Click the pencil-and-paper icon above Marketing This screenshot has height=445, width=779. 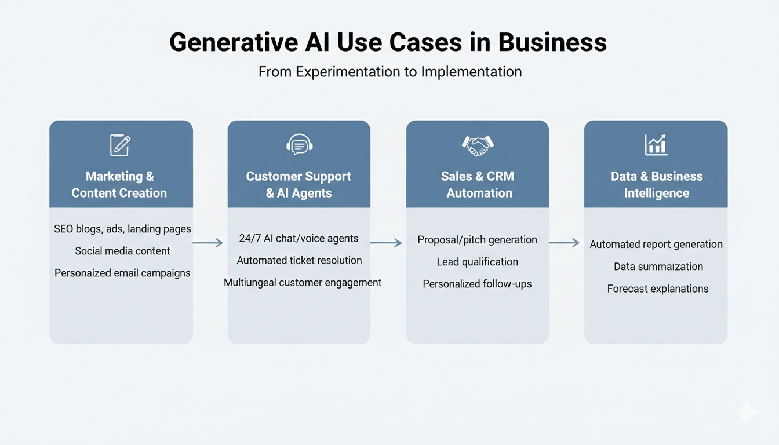(x=121, y=145)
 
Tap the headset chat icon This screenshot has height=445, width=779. (x=299, y=145)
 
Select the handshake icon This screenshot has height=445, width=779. (x=478, y=145)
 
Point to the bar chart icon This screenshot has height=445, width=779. (x=656, y=145)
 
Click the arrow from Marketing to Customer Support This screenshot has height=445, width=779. (x=209, y=243)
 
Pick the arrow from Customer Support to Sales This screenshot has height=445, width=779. (x=386, y=243)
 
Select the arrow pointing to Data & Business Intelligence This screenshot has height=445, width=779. (x=565, y=243)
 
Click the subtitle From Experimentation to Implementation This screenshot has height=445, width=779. (x=389, y=72)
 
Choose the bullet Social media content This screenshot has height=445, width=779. (x=122, y=251)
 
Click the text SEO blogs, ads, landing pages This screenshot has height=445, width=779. (x=122, y=229)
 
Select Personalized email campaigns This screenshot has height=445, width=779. (x=122, y=273)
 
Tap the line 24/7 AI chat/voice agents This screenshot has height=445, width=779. (x=299, y=238)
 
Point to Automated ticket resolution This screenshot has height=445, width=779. (x=299, y=260)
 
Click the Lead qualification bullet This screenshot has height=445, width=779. (x=477, y=262)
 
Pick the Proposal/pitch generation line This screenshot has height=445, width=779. (x=477, y=240)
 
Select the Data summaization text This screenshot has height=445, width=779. (x=658, y=267)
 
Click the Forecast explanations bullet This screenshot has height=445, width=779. (x=658, y=289)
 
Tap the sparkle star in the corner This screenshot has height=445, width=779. (x=746, y=413)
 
